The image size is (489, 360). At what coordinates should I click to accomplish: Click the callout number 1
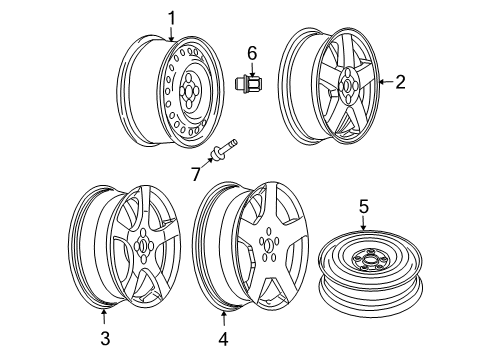(x=170, y=16)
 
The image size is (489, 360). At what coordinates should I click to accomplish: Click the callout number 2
(x=400, y=83)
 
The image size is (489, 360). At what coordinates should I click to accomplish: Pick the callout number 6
(x=252, y=52)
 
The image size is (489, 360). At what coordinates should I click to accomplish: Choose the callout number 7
(x=196, y=174)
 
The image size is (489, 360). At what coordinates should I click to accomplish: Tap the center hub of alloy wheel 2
(x=345, y=88)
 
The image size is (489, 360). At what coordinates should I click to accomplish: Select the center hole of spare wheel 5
(x=371, y=266)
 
